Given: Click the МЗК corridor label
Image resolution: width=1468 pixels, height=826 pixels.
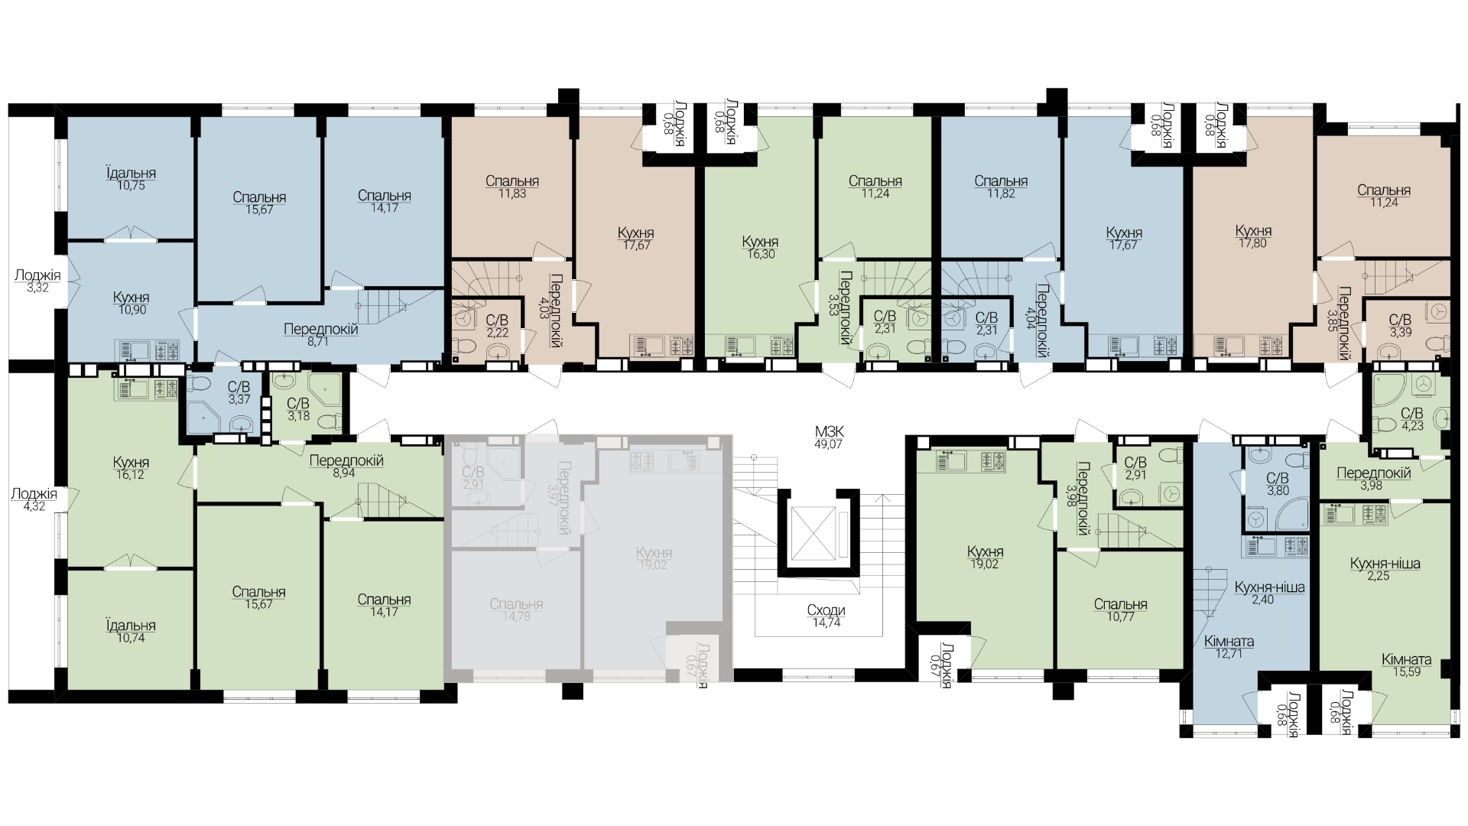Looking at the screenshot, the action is pos(828,437).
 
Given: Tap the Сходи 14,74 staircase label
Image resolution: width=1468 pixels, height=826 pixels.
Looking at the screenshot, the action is pos(826,617).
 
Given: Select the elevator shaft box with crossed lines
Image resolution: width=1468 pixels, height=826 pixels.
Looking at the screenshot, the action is pos(815,532).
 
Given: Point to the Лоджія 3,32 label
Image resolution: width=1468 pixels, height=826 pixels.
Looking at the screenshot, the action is pos(37,281).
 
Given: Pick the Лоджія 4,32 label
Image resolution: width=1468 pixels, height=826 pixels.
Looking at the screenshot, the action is pos(34,500).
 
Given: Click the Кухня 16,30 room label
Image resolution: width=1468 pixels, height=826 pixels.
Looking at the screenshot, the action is pos(760,249).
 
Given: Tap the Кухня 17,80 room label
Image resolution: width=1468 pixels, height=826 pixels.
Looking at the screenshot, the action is pos(1253,237).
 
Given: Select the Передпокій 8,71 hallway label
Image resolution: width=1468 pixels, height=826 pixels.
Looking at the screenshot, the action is pos(320,336).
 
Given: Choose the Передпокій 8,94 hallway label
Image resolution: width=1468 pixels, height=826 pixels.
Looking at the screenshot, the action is pos(346,467).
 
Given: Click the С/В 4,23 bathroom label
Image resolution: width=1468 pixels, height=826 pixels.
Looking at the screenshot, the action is pos(1411,420).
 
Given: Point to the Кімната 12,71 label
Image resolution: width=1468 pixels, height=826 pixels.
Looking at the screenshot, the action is pos(1228,648).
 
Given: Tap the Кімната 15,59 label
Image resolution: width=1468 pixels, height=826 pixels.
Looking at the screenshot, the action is pos(1406,666).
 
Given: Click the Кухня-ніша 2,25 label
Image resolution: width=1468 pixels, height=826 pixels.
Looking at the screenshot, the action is pos(1385,570).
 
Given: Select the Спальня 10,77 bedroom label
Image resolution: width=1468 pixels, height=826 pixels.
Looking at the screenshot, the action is pos(1120,610).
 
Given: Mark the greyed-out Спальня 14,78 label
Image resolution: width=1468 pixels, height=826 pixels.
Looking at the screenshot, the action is pos(517,610).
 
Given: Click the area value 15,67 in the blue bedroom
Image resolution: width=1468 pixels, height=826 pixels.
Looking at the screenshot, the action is pos(259,210).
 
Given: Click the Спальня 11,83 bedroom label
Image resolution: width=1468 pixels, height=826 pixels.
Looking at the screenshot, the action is pos(512,187).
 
